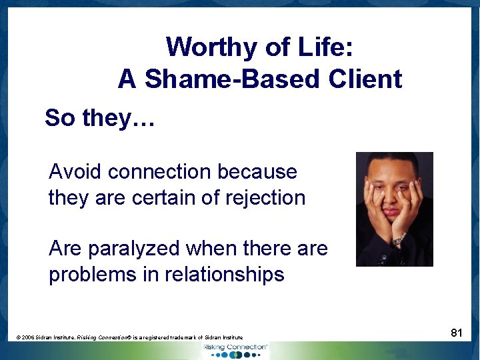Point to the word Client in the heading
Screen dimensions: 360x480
(365, 79)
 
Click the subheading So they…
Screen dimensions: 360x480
(100, 118)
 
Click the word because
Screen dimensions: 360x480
(257, 171)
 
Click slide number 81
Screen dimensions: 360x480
(457, 333)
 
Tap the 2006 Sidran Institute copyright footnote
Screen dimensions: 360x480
(130, 338)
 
